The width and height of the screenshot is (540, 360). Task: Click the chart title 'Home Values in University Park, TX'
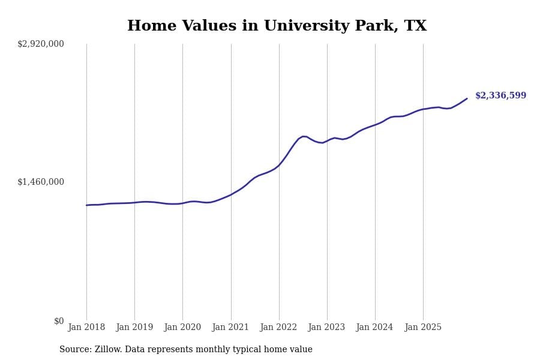[x=277, y=26]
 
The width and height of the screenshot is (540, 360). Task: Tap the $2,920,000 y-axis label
[x=41, y=44]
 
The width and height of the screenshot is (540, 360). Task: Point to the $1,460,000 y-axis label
[x=41, y=182]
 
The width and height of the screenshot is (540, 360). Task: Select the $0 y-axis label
[x=59, y=321]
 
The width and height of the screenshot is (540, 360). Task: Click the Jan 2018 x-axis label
[x=86, y=328]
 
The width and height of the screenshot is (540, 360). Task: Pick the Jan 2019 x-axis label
[x=134, y=328]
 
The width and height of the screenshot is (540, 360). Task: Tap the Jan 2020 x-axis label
[x=182, y=328]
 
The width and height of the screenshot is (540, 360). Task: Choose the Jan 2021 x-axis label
[x=231, y=328]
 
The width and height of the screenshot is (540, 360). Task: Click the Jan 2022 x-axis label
[x=279, y=328]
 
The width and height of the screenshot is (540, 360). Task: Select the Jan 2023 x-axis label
[x=327, y=328]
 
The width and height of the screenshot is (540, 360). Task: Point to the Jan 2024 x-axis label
[x=375, y=328]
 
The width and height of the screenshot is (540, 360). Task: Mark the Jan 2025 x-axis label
[x=423, y=328]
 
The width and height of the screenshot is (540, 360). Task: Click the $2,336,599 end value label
[x=500, y=96]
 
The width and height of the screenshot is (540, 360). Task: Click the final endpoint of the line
[x=467, y=98]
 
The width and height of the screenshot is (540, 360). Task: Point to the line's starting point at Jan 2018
[x=86, y=205]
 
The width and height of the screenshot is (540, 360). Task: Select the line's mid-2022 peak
[x=304, y=136]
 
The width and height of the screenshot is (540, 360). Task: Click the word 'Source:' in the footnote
[x=76, y=350]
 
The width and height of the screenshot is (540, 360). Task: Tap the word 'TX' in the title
[x=415, y=26]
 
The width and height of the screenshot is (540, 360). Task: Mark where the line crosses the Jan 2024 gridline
[x=375, y=125]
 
